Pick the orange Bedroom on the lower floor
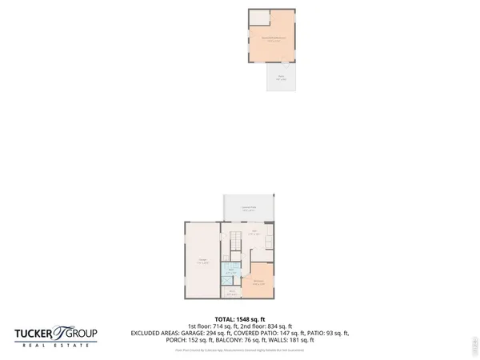(259, 281)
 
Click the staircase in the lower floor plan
(235, 241)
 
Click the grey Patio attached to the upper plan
(281, 78)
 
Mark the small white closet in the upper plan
(258, 18)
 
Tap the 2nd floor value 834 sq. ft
(267, 326)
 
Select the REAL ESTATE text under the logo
(55, 346)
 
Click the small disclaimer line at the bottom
(240, 348)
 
